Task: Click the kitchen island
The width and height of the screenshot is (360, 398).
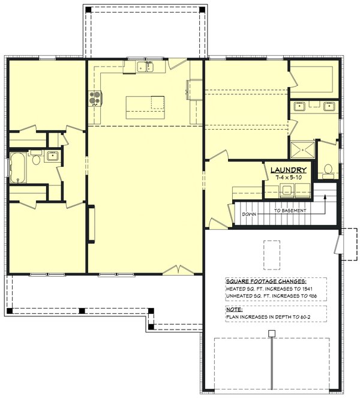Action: (145, 107)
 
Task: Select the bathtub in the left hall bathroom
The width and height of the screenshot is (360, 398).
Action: (17, 167)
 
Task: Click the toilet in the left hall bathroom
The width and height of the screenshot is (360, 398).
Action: (35, 160)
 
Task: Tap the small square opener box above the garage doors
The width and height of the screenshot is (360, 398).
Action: (271, 333)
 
